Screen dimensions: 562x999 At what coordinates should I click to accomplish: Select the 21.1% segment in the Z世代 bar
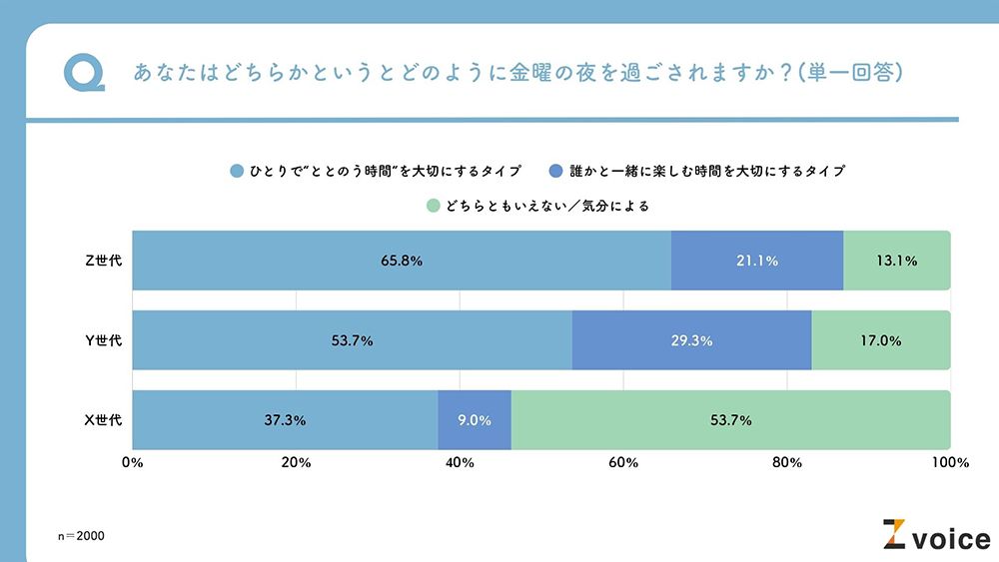pyautogui.click(x=757, y=261)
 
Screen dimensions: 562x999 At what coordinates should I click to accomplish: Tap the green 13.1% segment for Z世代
pyautogui.click(x=896, y=261)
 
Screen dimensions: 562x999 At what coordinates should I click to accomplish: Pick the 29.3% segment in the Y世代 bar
pyautogui.click(x=691, y=340)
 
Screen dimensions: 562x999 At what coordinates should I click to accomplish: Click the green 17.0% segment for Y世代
pyautogui.click(x=880, y=340)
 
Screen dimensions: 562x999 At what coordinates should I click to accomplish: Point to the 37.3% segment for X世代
pyautogui.click(x=285, y=420)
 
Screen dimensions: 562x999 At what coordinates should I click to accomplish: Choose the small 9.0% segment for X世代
pyautogui.click(x=475, y=420)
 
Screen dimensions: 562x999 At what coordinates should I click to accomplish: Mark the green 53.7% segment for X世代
pyautogui.click(x=730, y=420)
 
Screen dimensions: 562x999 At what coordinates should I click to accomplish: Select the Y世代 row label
pyautogui.click(x=103, y=340)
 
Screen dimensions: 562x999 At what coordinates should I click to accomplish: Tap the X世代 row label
pyautogui.click(x=103, y=420)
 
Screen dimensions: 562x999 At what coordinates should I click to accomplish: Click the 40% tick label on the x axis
pyautogui.click(x=460, y=463)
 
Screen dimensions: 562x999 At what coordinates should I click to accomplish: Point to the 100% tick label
pyautogui.click(x=948, y=463)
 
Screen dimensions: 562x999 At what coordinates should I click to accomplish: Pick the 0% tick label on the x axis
pyautogui.click(x=132, y=463)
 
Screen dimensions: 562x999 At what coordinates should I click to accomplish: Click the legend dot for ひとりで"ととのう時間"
pyautogui.click(x=237, y=171)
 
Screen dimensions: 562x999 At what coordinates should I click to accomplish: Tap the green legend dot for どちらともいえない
pyautogui.click(x=433, y=207)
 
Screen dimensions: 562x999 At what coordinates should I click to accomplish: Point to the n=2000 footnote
pyautogui.click(x=81, y=536)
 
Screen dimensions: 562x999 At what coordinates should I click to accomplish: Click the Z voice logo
pyautogui.click(x=935, y=536)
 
